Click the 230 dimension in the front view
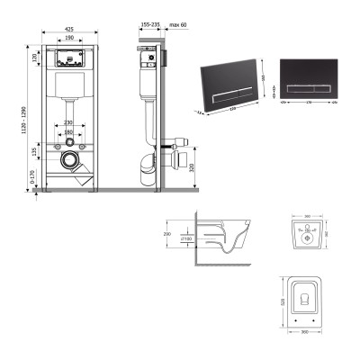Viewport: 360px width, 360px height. click(68, 122)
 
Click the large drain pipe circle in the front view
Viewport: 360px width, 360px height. click(69, 162)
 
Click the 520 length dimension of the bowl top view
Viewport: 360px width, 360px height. click(282, 306)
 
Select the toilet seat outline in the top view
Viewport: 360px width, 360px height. click(308, 301)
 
